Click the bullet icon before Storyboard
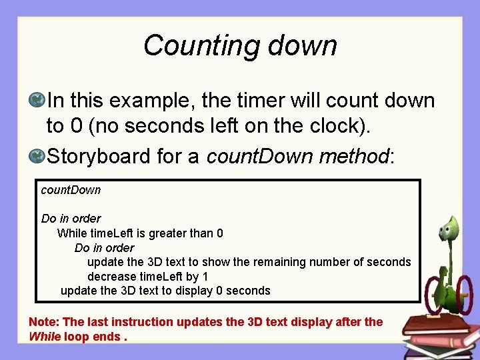click(37, 157)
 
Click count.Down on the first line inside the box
click(71, 190)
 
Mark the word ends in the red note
click(107, 337)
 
